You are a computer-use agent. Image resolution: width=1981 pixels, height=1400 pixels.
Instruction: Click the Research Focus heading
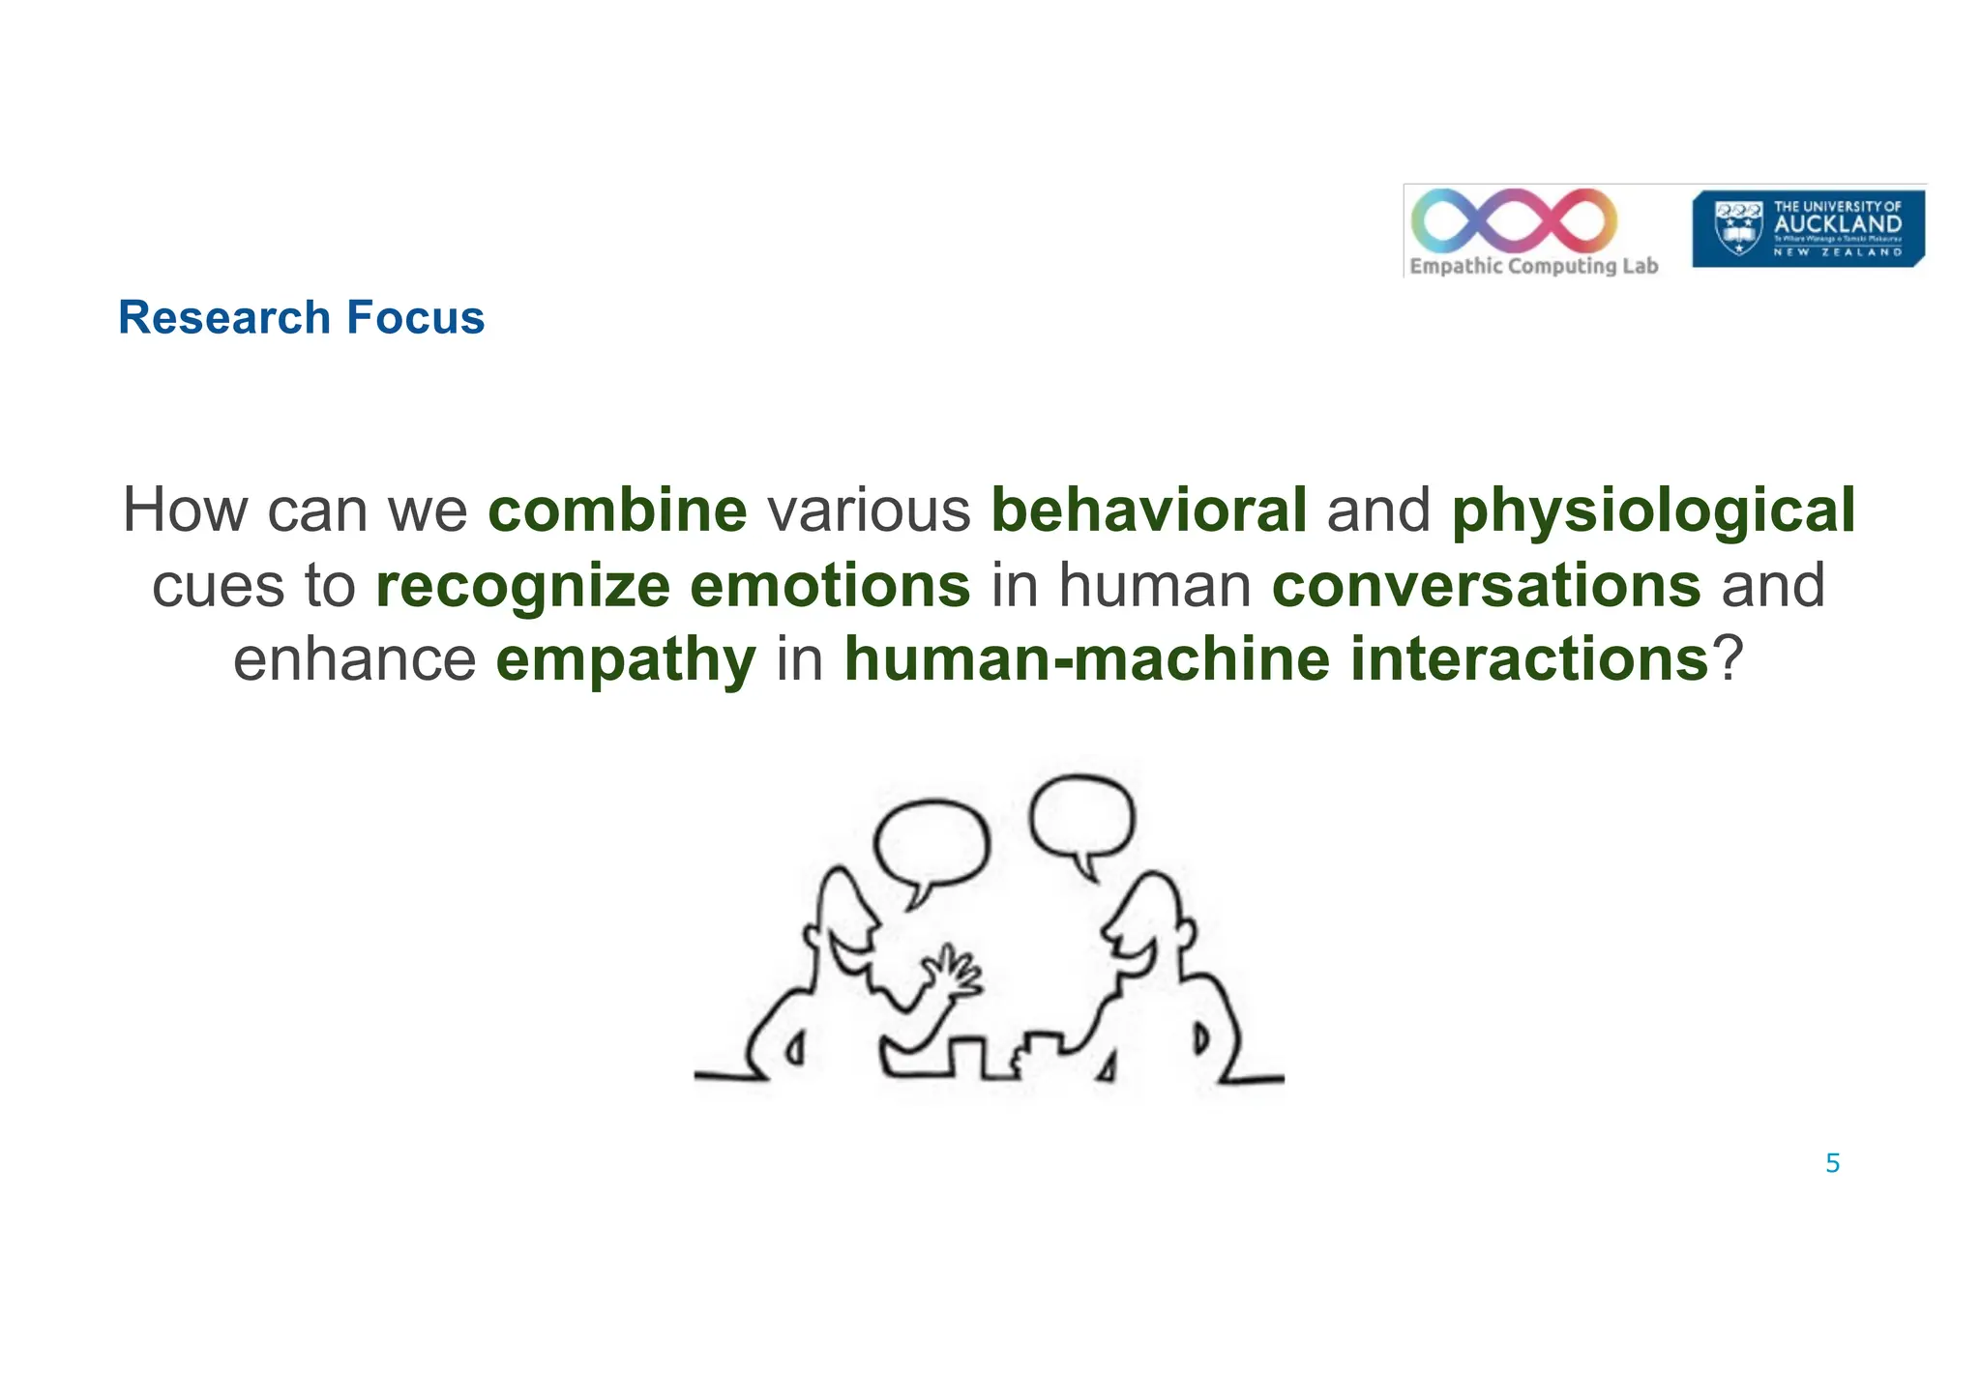point(301,318)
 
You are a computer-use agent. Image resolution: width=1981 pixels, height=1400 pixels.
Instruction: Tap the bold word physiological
point(1653,512)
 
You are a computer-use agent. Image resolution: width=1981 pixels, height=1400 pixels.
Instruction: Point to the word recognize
point(522,587)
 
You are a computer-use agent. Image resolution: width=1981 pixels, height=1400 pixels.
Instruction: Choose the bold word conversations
point(1486,586)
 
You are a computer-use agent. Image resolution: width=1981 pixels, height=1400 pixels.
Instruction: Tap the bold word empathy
point(626,661)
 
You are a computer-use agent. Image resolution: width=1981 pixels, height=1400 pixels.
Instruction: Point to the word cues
point(219,587)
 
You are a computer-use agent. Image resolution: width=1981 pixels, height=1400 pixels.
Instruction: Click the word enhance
point(355,660)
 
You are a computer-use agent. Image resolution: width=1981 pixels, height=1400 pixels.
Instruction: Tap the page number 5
point(1832,1164)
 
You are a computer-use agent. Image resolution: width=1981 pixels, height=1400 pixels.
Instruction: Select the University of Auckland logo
point(1807,228)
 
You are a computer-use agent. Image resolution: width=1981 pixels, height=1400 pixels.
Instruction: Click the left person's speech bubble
point(931,846)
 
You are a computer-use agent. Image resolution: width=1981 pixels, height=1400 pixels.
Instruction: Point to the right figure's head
point(1151,928)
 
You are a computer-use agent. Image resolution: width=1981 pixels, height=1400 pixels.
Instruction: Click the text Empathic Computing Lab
point(1533,266)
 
